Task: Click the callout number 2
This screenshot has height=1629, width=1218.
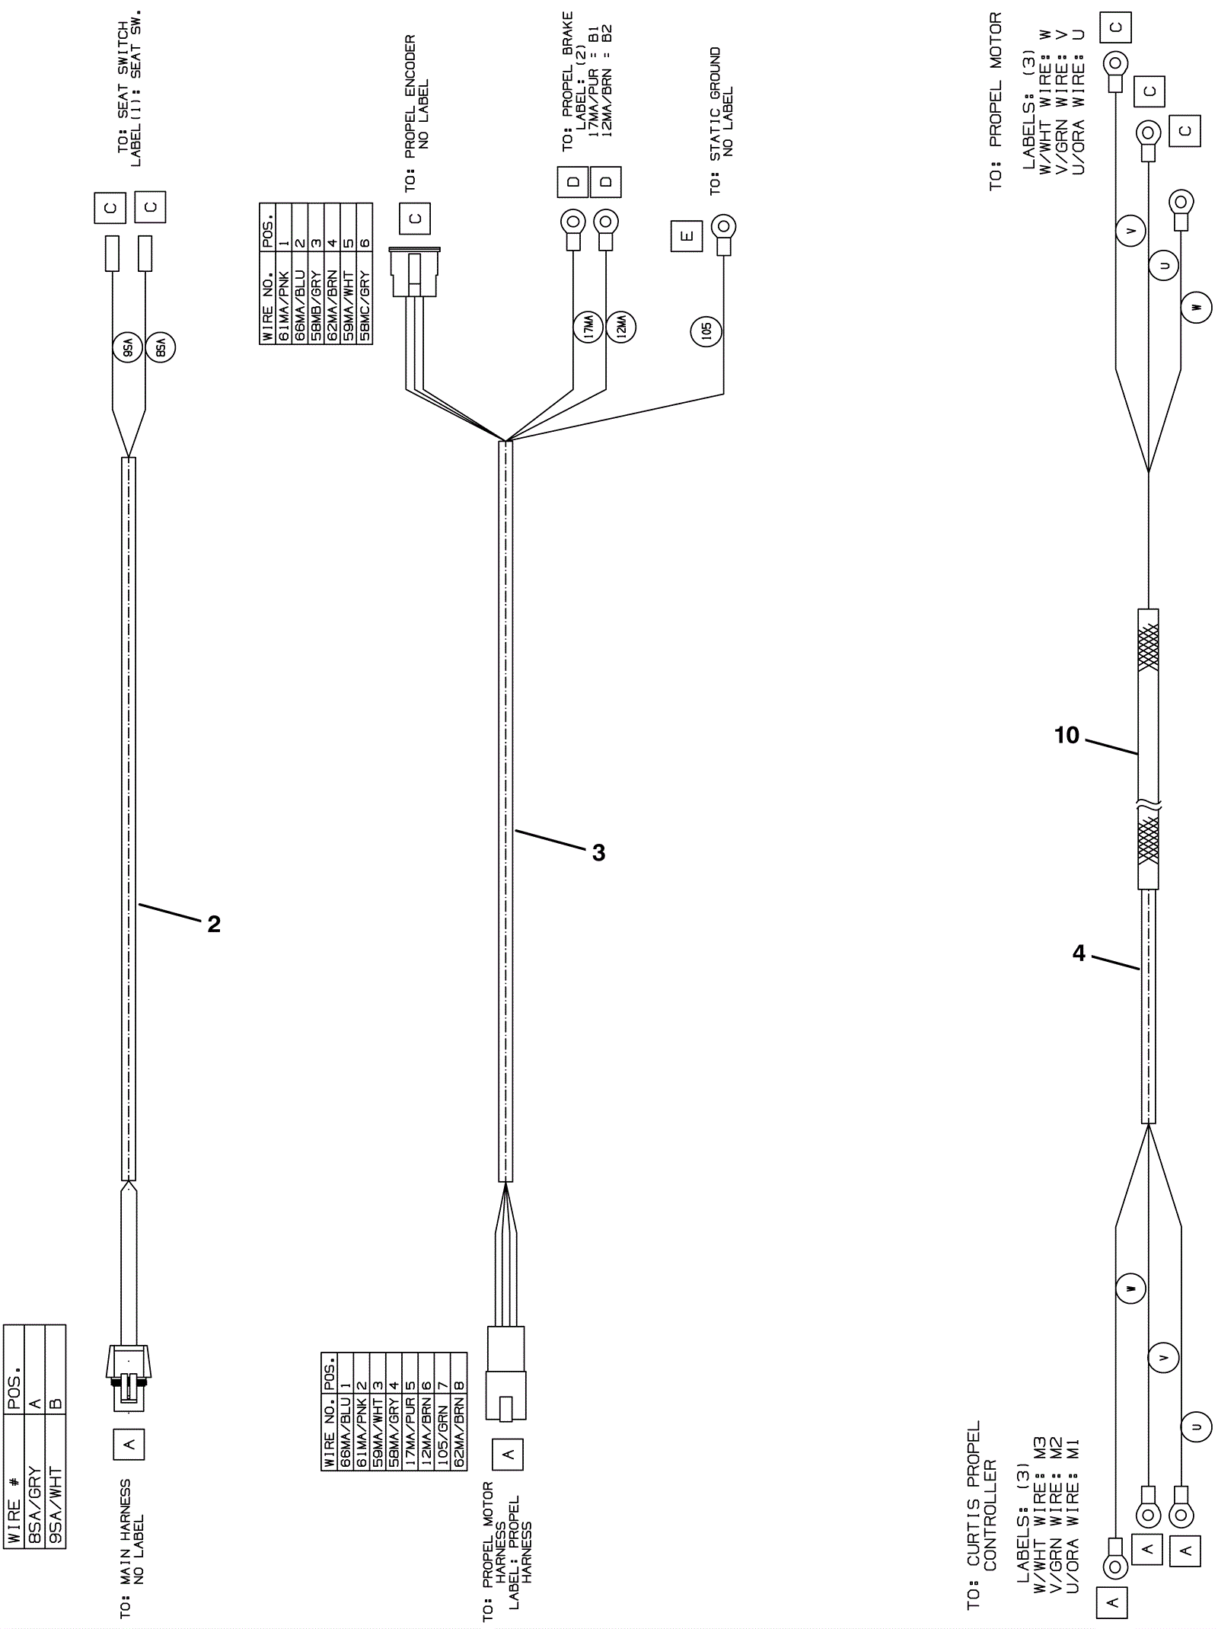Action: [x=214, y=924]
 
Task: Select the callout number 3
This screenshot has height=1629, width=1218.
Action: [x=598, y=853]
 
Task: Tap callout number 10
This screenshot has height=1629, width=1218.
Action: [x=1067, y=735]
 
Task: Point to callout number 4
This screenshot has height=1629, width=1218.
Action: [x=1079, y=953]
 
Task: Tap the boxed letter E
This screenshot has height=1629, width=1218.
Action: [x=687, y=236]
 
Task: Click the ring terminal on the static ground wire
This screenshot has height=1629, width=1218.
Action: [x=722, y=227]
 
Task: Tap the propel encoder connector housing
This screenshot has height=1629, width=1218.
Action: [x=414, y=274]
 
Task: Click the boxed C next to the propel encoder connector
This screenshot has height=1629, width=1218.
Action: [x=414, y=219]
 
